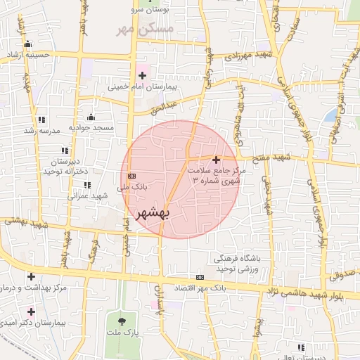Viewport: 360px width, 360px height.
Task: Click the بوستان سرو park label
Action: pos(148,11)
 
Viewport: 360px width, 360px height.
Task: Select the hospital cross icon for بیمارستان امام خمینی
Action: pos(143,75)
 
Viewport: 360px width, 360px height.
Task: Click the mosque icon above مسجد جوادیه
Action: pos(91,117)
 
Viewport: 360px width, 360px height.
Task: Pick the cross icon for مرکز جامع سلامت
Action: pos(217,160)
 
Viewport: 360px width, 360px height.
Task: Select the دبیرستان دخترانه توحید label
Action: pos(65,166)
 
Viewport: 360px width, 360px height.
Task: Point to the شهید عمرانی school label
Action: pos(87,195)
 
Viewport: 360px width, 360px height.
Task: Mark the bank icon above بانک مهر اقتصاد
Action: pos(200,277)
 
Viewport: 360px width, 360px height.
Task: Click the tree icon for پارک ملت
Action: pos(122,321)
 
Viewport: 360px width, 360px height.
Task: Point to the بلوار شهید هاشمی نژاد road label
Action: pos(316,291)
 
